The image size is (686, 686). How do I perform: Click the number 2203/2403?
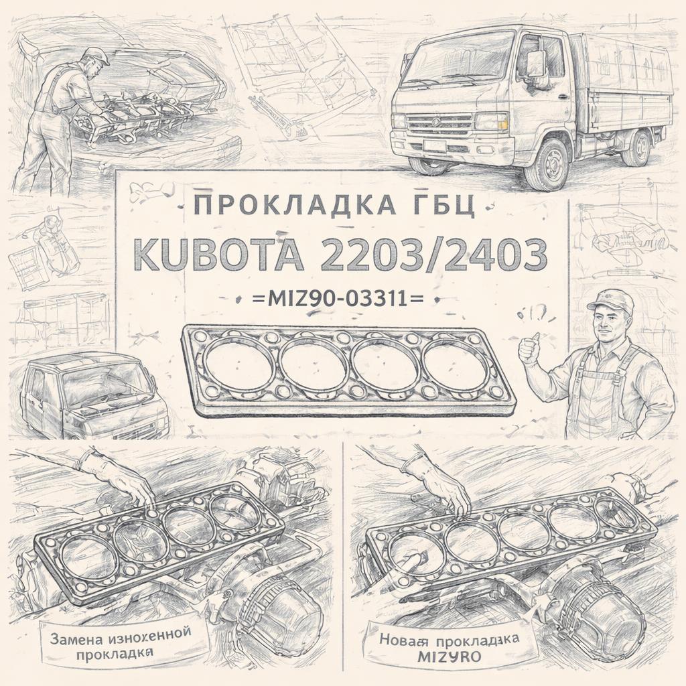pyautogui.click(x=429, y=253)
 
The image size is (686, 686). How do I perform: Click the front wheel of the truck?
pyautogui.click(x=546, y=165)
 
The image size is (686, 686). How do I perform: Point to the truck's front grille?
pyautogui.click(x=439, y=124)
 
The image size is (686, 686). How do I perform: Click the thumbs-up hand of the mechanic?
pyautogui.click(x=529, y=348)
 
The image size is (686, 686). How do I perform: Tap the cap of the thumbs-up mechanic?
pyautogui.click(x=611, y=300)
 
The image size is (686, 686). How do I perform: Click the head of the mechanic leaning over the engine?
pyautogui.click(x=93, y=64)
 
